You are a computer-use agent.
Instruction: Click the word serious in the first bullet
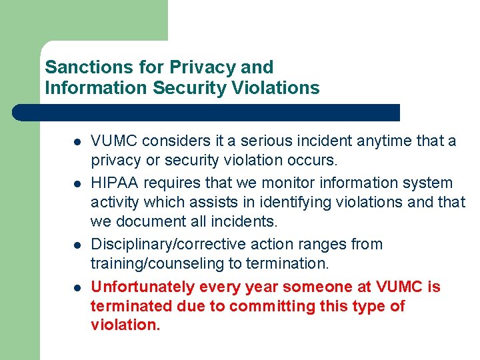[269, 141]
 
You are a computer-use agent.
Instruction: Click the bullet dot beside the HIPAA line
[77, 183]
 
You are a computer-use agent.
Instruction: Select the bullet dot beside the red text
[77, 287]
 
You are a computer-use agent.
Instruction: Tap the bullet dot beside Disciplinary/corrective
[77, 245]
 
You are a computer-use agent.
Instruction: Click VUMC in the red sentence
[400, 287]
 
